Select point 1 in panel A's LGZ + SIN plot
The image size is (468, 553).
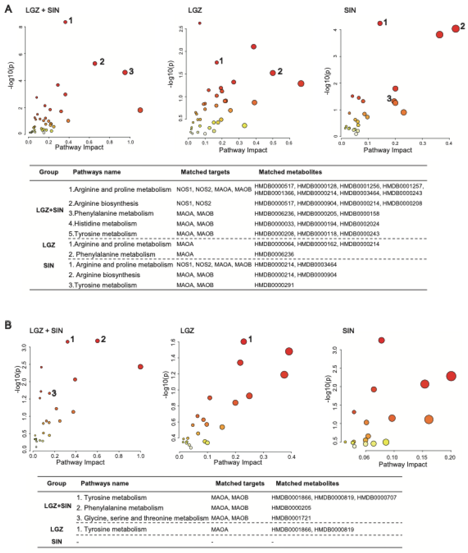65,22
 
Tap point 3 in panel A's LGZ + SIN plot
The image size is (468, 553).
125,72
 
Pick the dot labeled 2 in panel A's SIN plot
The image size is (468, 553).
456,29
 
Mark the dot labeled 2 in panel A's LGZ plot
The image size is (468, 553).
273,73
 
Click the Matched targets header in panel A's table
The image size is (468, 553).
205,172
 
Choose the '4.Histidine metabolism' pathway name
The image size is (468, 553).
103,224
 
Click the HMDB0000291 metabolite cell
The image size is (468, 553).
274,285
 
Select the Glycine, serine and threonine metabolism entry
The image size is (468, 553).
142,518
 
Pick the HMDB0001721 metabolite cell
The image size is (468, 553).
291,518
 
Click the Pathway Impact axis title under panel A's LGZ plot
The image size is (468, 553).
243,150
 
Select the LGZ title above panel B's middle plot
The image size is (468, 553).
187,331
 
